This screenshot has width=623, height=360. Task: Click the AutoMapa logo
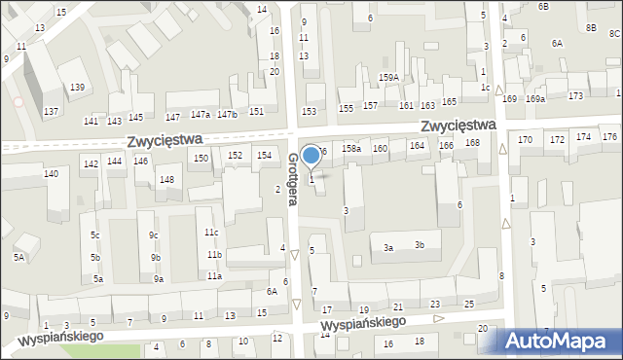click(558, 342)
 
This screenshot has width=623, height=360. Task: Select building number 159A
click(389, 77)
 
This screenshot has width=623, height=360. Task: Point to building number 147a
click(201, 115)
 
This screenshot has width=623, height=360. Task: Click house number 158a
click(351, 149)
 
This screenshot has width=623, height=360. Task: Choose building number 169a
click(535, 99)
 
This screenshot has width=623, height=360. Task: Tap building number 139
click(77, 89)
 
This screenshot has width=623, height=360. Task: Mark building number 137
click(51, 112)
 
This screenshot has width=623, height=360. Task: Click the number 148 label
click(166, 180)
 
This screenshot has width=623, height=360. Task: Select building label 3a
click(387, 248)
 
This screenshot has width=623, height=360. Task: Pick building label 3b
click(420, 244)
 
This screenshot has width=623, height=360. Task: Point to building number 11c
click(211, 233)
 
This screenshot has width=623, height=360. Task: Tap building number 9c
click(154, 235)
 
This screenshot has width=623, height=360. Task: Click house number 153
click(309, 112)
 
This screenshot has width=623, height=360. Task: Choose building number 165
click(449, 102)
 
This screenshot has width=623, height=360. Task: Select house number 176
click(609, 137)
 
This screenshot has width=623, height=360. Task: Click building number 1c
click(485, 88)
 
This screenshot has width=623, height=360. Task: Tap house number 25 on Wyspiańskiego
click(469, 306)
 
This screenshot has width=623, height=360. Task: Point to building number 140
click(51, 174)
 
